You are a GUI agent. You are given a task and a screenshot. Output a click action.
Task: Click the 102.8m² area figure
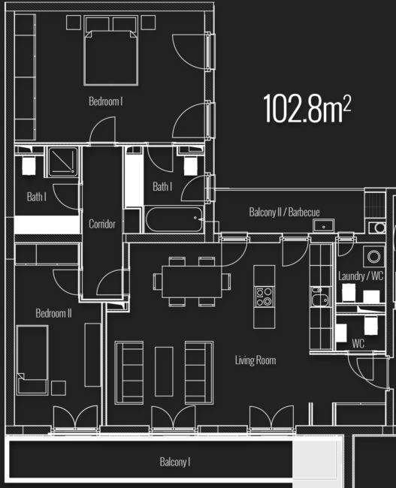tap(307, 109)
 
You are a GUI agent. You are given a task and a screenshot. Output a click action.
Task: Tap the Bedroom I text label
tap(105, 101)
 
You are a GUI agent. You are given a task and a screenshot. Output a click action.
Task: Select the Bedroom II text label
tap(53, 313)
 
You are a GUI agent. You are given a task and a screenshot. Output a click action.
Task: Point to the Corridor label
tap(101, 224)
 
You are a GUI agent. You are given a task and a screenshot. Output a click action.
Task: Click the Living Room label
tap(255, 360)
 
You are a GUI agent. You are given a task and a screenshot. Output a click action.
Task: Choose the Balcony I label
tap(174, 462)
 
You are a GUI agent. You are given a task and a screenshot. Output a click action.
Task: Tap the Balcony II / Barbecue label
tap(284, 212)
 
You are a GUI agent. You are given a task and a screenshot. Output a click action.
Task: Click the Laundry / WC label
tap(361, 276)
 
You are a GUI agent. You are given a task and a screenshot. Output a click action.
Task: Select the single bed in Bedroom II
tap(33, 359)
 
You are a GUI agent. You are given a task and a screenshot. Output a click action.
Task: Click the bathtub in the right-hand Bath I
tap(174, 221)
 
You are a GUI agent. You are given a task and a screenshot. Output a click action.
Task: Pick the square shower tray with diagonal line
tap(62, 161)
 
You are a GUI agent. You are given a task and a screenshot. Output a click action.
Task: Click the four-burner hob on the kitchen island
tap(264, 297)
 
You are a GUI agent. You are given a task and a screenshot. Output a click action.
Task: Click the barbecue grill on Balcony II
tap(373, 203)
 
